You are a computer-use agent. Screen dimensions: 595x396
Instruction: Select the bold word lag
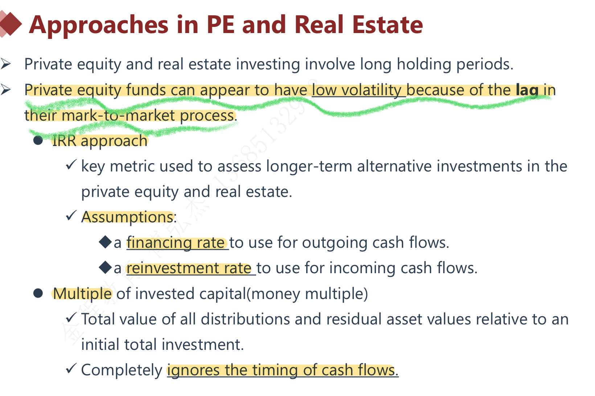tap(527, 90)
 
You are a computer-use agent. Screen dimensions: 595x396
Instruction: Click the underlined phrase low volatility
tap(358, 90)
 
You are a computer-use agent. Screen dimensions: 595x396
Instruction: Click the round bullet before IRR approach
tap(38, 140)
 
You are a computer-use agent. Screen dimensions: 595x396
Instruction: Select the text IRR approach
tap(100, 141)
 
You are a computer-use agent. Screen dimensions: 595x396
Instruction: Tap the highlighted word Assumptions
tap(127, 217)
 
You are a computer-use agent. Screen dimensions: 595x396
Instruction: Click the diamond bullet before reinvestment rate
tap(106, 267)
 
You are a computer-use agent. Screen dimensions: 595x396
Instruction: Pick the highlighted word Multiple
tap(82, 294)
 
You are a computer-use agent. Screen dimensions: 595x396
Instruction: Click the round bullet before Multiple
tap(38, 293)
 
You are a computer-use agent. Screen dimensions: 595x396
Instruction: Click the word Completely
tap(122, 370)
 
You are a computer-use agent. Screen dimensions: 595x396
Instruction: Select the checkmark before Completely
tap(71, 368)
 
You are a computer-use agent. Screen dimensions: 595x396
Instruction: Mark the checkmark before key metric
tap(71, 165)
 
